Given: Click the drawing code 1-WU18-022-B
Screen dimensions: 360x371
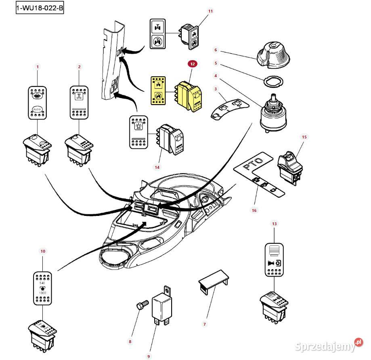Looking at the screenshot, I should coord(40,8).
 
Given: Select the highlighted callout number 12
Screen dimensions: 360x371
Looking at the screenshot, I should coord(192,64).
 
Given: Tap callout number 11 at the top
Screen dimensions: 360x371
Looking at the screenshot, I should coord(210,11).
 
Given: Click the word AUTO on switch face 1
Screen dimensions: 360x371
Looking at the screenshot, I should coord(38,109).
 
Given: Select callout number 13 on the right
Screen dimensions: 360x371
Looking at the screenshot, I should coord(275,223).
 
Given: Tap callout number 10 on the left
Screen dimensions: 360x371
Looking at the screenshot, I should coord(43,251).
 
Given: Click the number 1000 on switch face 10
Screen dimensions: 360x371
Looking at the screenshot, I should coord(42,293).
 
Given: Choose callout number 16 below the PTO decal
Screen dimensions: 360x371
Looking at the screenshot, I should coord(254,210).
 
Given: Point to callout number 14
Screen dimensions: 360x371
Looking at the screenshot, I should coord(157,167).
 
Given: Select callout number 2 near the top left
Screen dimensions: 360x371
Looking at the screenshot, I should coord(79,67).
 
